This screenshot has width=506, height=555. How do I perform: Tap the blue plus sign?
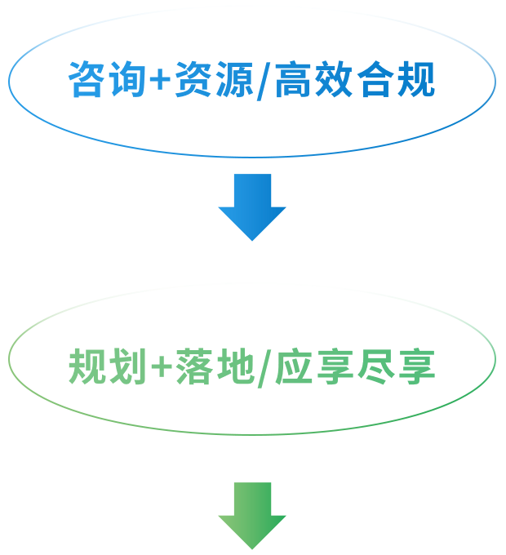pos(159,81)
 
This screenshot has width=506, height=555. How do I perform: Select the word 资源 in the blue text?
pos(213,80)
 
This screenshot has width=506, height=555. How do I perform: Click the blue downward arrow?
pos(252,205)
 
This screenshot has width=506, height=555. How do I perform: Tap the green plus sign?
pos(159,368)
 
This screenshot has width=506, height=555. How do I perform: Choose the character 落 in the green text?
pos(193,367)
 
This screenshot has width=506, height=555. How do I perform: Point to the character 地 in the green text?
pos(233,367)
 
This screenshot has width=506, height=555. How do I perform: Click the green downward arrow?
pos(252,514)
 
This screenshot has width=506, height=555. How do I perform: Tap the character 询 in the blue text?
pos(127,80)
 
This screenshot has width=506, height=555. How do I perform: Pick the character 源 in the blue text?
pos(233,80)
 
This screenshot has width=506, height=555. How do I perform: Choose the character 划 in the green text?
pos(127,367)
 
